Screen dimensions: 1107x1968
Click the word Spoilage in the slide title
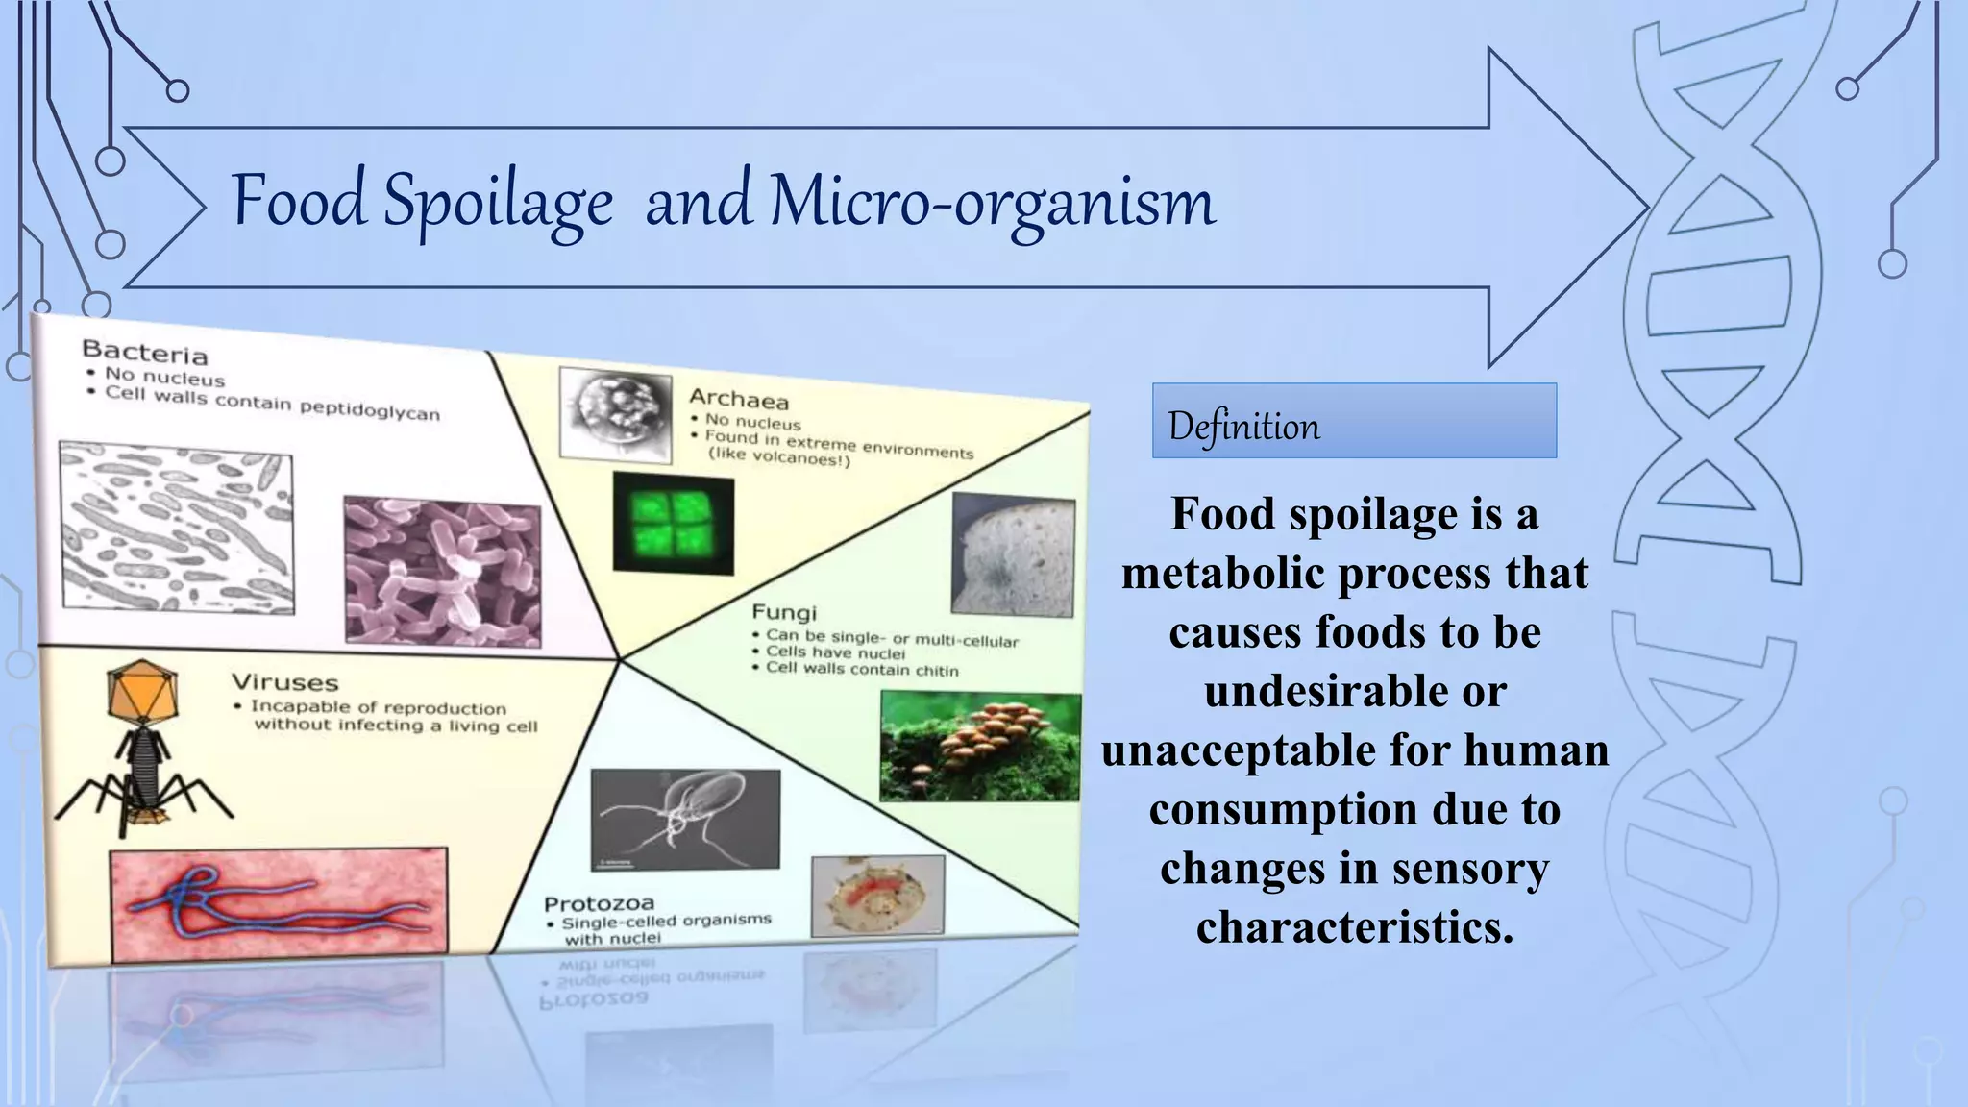click(x=498, y=202)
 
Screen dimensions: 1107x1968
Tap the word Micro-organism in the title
click(x=992, y=202)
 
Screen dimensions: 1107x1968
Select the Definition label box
click(x=1353, y=421)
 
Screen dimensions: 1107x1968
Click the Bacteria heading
click(x=144, y=352)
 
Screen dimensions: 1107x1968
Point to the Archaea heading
click(x=738, y=399)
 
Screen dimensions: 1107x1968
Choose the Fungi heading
click(x=783, y=612)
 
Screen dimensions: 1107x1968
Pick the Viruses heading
click(x=284, y=682)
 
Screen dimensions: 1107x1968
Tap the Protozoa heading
click(x=599, y=903)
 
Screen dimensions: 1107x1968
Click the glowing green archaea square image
click(x=674, y=523)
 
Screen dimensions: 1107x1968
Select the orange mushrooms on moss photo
click(x=979, y=747)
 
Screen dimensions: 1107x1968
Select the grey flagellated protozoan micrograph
click(x=684, y=820)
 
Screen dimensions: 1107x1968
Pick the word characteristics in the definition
click(x=1353, y=926)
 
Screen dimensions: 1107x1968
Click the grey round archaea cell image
click(x=616, y=413)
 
